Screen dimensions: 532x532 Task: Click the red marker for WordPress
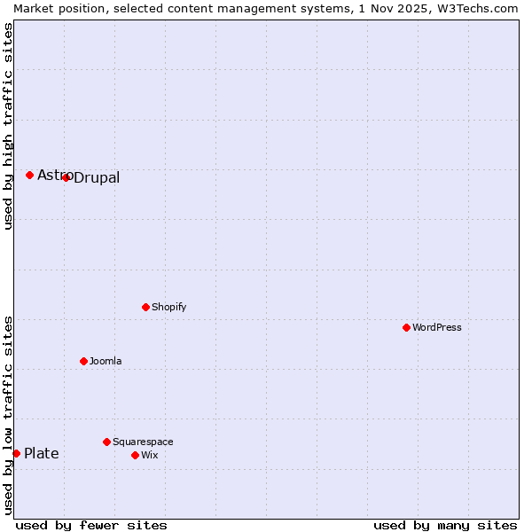click(406, 327)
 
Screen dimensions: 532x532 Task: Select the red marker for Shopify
click(145, 307)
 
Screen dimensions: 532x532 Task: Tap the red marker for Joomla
click(83, 361)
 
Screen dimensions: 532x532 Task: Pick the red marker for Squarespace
click(106, 442)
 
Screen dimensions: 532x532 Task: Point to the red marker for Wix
click(135, 455)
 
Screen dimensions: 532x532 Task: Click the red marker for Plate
click(16, 453)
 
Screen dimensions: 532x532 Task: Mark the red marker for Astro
click(29, 175)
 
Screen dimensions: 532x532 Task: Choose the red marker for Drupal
click(66, 177)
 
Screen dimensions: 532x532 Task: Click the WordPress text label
click(437, 327)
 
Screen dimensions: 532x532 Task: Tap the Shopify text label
click(169, 307)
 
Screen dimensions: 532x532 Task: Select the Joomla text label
click(106, 361)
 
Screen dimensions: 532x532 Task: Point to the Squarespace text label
click(143, 442)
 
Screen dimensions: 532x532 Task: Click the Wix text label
click(150, 455)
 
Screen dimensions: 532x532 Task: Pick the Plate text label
click(42, 454)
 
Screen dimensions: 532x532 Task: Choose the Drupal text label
click(97, 178)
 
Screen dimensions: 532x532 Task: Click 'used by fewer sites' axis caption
click(91, 525)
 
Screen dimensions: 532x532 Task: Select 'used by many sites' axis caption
click(445, 525)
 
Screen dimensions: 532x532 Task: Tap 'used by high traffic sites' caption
click(8, 126)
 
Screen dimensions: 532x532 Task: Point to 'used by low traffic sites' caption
click(8, 415)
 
